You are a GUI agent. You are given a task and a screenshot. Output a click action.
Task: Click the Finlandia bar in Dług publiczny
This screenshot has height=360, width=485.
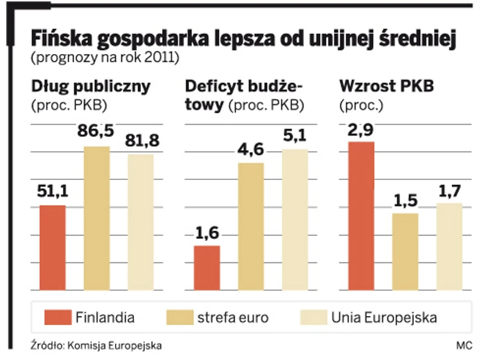(x=52, y=247)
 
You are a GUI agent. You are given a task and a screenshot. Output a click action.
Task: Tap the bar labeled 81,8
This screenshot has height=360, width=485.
(x=140, y=222)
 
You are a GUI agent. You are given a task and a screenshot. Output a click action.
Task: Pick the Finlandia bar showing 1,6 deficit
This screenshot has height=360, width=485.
(x=207, y=267)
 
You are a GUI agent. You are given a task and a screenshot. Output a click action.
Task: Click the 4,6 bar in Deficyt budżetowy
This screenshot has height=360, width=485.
(x=251, y=226)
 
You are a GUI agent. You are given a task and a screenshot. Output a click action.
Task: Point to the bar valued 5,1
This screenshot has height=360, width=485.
(x=295, y=219)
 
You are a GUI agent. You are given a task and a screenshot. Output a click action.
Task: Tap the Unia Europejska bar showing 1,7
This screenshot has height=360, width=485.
(x=449, y=246)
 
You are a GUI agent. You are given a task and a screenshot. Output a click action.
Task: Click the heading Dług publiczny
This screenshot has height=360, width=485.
(x=90, y=87)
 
